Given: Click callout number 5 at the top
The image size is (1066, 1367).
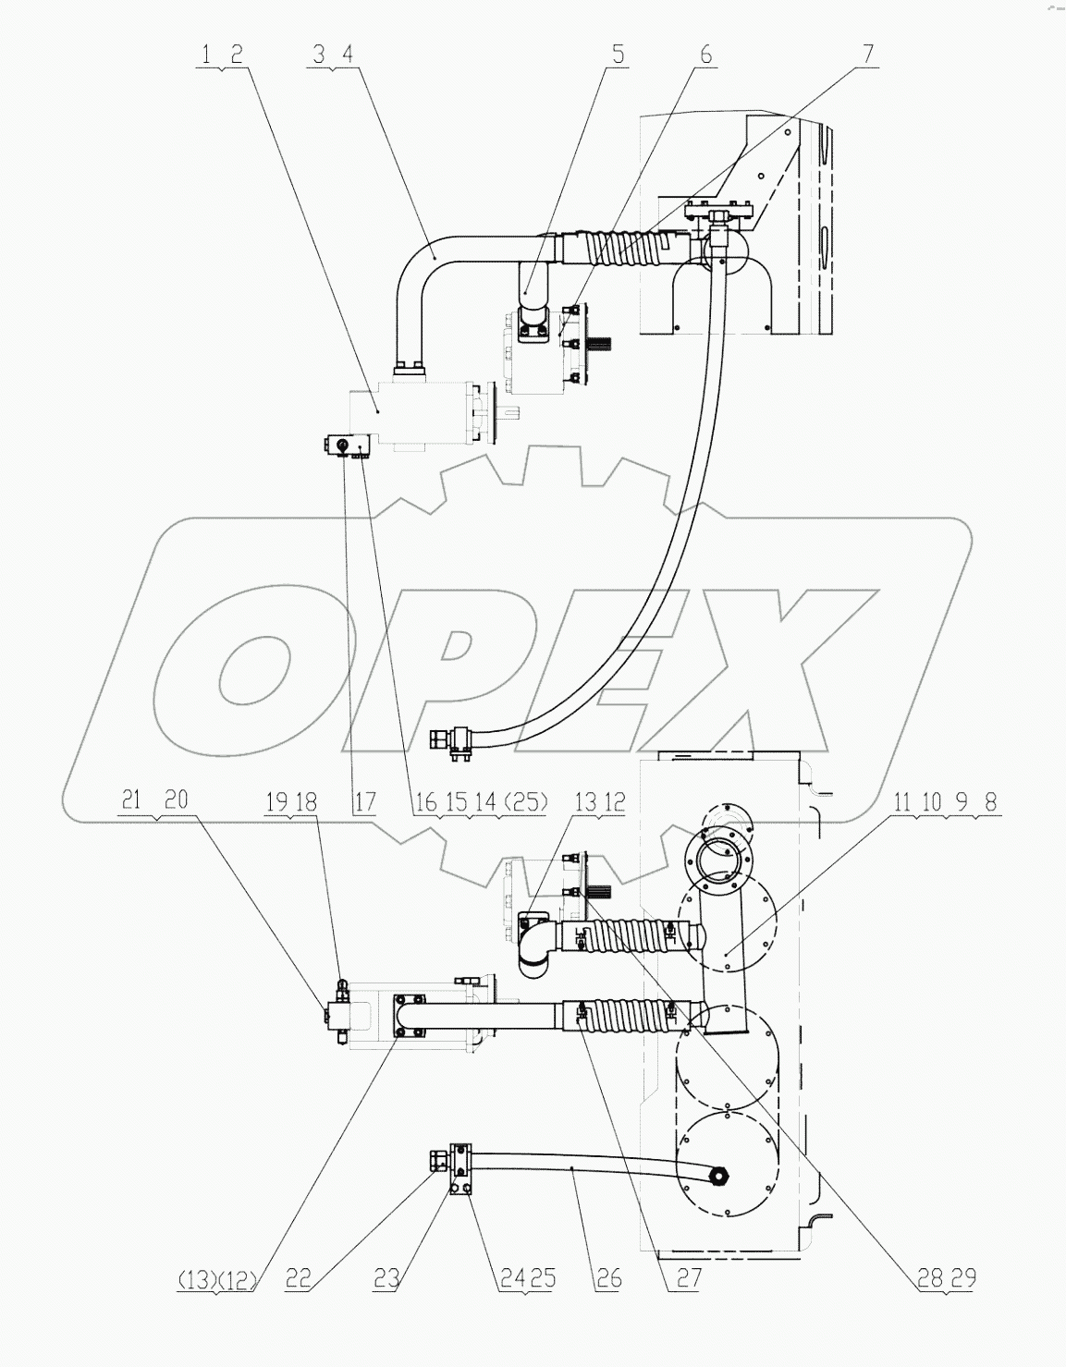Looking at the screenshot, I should pos(617,54).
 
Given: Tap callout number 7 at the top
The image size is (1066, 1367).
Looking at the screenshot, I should pos(867,54).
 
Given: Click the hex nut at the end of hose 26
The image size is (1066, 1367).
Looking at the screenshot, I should pos(718,1175).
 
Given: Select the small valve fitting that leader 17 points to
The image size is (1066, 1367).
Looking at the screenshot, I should pos(343,447).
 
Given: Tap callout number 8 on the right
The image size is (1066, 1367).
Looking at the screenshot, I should pos(990,801).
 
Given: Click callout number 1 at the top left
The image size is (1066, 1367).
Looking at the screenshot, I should pos(205,54).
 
